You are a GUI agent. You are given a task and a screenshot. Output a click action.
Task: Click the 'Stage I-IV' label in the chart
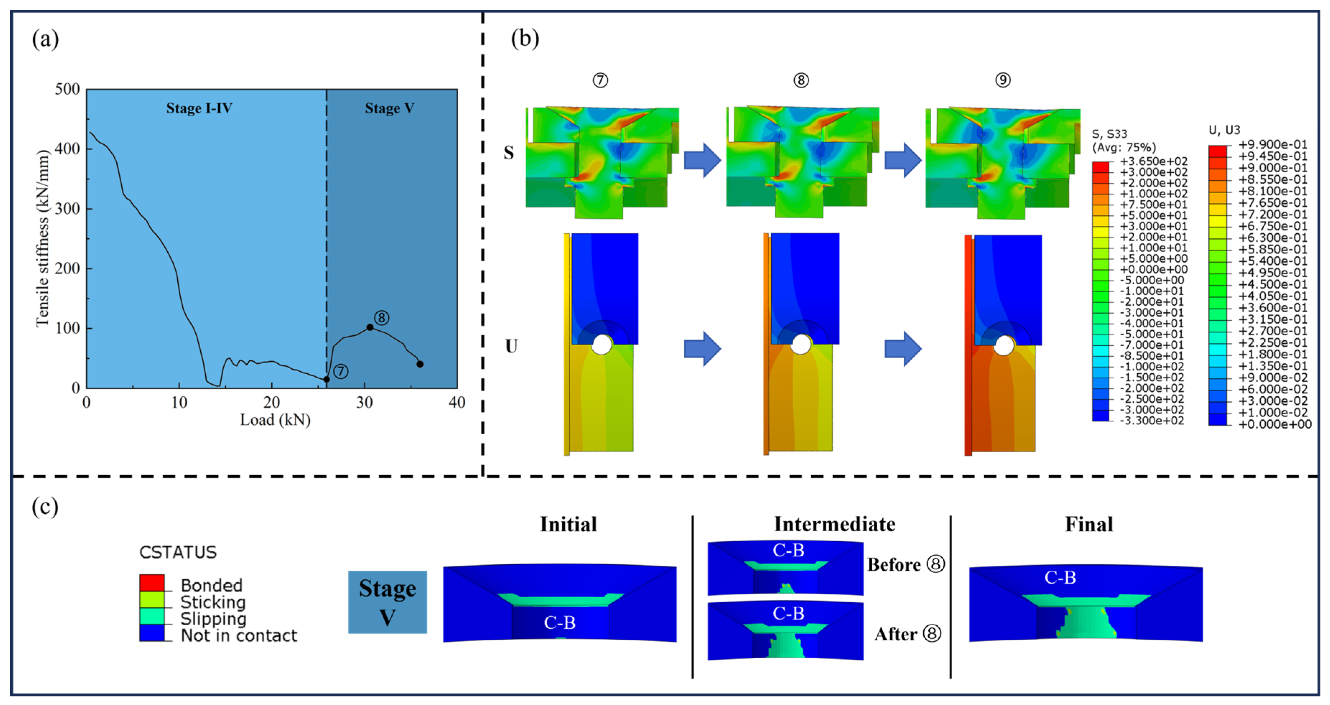tap(199, 108)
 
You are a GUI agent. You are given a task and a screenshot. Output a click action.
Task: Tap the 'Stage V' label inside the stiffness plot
tap(389, 108)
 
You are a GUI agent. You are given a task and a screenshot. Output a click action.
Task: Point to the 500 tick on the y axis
tap(67, 89)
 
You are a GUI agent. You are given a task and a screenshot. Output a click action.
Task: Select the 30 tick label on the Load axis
tap(364, 402)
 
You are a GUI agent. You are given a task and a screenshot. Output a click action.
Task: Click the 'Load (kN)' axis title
tap(275, 420)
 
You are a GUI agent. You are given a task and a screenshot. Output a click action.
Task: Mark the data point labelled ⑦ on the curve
tap(326, 379)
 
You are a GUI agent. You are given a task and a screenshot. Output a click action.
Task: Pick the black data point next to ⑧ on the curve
tap(370, 327)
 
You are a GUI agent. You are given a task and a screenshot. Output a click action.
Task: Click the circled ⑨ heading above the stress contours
tap(1003, 80)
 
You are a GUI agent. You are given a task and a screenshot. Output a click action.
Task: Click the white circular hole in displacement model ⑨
tap(1003, 346)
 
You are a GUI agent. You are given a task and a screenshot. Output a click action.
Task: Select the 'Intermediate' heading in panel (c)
tap(834, 524)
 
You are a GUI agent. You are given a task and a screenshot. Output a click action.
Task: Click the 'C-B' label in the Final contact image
tap(1060, 578)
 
